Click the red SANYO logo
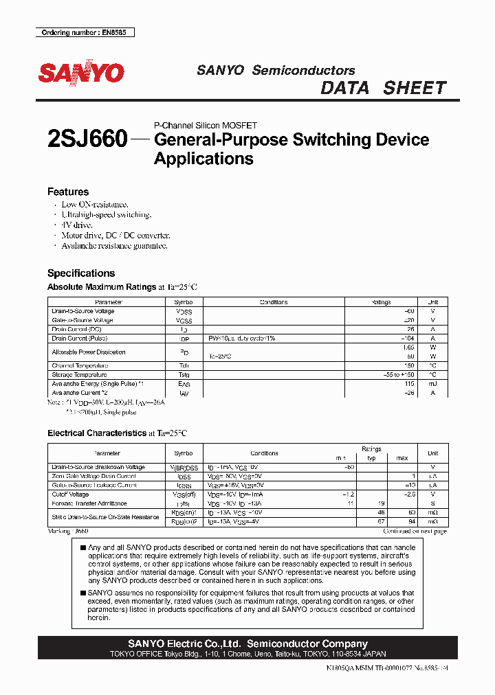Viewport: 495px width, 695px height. coord(81,73)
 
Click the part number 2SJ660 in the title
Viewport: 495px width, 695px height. coord(87,139)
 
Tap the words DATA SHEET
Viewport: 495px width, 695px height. coord(384,88)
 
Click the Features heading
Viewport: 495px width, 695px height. coord(68,192)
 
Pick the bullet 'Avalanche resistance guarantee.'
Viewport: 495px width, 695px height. coord(114,245)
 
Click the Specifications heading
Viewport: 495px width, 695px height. coord(81,273)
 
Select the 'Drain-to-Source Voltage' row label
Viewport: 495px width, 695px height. coord(83,311)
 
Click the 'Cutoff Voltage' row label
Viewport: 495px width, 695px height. coord(71,494)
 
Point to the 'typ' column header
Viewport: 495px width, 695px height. coord(372,458)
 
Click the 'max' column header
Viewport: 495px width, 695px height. coord(402,458)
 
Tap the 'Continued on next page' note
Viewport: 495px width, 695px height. coord(415,531)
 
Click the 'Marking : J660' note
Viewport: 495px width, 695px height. coord(68,531)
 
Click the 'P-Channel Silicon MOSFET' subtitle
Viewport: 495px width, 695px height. coord(206,126)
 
